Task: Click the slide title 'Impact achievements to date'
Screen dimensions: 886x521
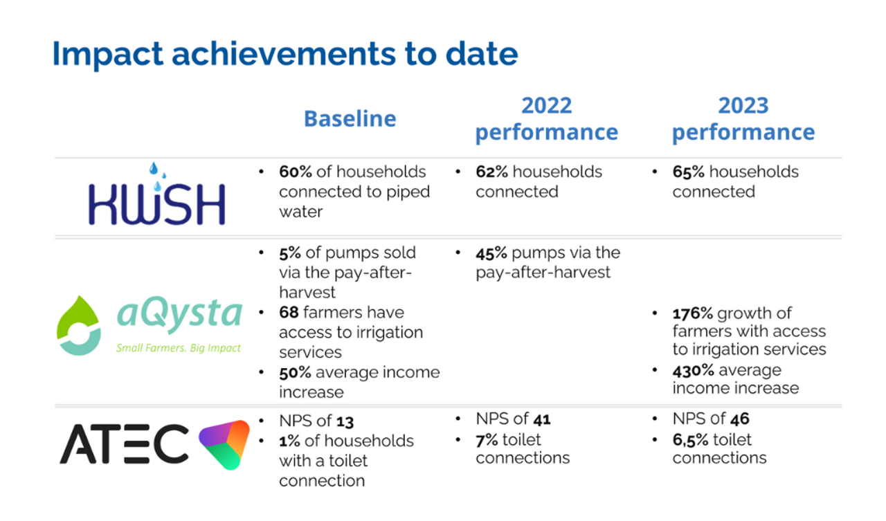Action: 285,55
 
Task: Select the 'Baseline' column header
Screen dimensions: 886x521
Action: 350,118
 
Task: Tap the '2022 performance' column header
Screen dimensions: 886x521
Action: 547,118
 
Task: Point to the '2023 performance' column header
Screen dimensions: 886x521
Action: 743,118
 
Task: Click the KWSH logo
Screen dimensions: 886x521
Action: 157,194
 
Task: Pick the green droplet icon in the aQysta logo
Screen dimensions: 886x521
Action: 78,325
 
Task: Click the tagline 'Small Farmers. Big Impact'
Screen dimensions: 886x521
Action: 179,348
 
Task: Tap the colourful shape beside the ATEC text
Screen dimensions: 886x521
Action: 225,444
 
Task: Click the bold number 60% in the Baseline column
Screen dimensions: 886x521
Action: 295,172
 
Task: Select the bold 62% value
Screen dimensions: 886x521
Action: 491,172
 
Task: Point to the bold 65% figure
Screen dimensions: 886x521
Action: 688,172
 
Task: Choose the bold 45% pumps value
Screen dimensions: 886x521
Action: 491,253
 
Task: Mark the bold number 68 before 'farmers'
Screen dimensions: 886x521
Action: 289,313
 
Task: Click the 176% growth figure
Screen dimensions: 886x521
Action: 693,313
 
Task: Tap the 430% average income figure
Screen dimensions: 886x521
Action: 694,371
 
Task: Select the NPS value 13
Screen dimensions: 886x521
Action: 345,422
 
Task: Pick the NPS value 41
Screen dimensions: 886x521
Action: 542,419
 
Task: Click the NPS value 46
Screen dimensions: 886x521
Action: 740,419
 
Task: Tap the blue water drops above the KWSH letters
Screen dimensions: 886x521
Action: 157,176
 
